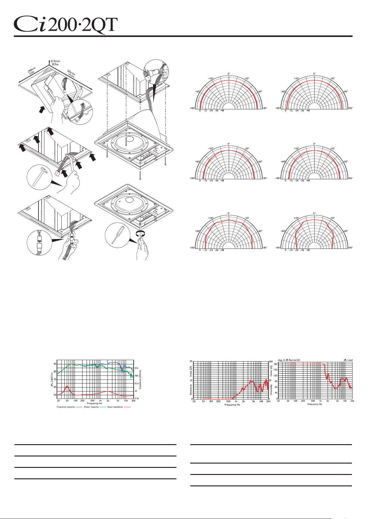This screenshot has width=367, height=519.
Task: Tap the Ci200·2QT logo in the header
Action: tap(66, 24)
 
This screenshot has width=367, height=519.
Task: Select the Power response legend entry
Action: tap(91, 407)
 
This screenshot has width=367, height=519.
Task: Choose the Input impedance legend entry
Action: tap(115, 407)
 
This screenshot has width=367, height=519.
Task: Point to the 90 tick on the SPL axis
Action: tap(55, 364)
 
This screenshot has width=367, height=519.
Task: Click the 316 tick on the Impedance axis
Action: tap(136, 368)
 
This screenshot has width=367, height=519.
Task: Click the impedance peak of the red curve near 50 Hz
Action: tap(67, 386)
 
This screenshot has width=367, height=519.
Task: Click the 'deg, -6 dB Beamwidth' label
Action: tap(289, 360)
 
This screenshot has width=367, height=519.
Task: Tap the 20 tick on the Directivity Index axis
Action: tap(191, 361)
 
